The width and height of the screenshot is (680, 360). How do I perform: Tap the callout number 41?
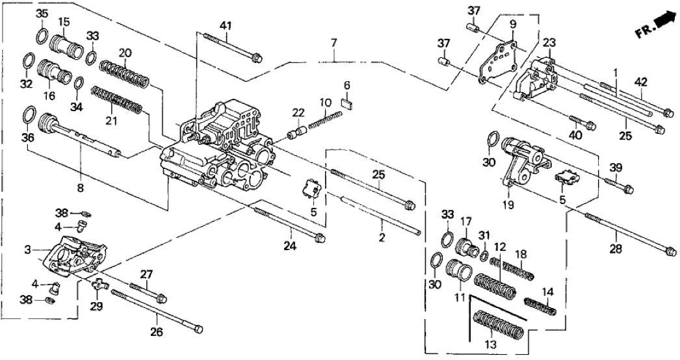pos(226,26)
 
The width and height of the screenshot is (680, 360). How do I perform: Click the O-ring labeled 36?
pos(29,115)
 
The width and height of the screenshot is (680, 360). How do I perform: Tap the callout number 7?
pos(333,43)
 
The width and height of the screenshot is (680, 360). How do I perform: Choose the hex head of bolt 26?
pos(198,327)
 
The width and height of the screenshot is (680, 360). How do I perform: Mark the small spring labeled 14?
pos(540,306)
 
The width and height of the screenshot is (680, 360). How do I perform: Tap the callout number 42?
pos(641,82)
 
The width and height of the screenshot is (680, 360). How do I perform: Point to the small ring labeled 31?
pos(485,254)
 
